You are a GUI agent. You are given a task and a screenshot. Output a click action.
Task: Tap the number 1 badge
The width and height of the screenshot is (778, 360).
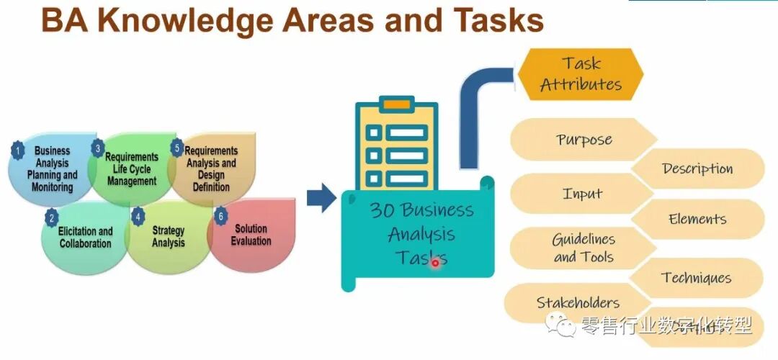[x=18, y=150]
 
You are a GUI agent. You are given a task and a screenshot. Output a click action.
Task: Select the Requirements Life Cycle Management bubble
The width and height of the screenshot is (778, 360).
[x=132, y=169]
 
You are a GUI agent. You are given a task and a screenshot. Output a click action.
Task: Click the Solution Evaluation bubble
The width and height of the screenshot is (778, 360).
[x=251, y=235]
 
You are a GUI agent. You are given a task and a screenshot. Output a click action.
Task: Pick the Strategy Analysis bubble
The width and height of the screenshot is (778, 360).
[x=168, y=237]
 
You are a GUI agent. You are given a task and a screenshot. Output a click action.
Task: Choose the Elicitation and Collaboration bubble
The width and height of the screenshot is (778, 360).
[x=85, y=237]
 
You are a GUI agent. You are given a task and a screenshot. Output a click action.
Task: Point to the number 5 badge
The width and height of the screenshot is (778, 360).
[x=177, y=148]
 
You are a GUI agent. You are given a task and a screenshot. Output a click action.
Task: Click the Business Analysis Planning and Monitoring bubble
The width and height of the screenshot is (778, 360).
[x=52, y=169]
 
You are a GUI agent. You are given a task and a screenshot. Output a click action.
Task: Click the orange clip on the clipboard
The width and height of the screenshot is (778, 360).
[x=395, y=104]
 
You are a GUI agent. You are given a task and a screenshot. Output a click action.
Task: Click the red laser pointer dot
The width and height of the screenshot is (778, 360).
[x=435, y=263]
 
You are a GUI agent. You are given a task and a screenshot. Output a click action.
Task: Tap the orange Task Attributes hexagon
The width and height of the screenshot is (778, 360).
[x=581, y=74]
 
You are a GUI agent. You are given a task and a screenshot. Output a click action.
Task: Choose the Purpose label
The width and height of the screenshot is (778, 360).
[x=583, y=139]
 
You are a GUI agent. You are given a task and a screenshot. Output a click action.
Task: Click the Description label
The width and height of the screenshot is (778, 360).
[x=697, y=169]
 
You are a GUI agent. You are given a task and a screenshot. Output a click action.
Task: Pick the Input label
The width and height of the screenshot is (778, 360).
[x=582, y=194]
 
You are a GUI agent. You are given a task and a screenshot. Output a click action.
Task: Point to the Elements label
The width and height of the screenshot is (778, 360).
[x=697, y=220]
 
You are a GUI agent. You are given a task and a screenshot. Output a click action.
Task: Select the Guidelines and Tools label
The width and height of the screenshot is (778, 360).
[x=583, y=248]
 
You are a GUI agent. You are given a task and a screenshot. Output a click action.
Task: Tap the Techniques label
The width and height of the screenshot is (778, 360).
[x=696, y=278]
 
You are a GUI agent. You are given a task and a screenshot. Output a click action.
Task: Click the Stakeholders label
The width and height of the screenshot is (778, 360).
[x=578, y=303]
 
